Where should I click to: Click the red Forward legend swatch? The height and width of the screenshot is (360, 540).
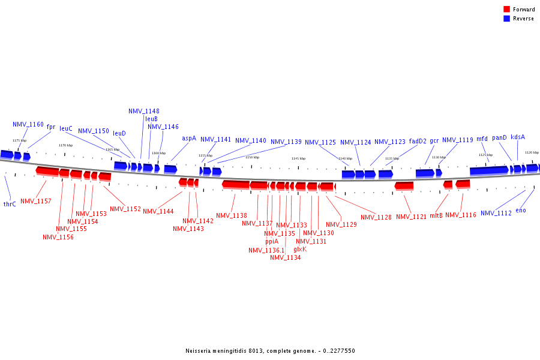pos(507,10)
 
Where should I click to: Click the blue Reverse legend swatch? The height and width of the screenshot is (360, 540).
pos(507,19)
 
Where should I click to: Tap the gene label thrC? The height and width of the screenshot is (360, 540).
pos(10,204)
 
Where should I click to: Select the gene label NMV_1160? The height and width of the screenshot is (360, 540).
pos(28,125)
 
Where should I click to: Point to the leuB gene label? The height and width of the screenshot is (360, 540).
pos(151,119)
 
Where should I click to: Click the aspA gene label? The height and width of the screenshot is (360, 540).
pos(189,138)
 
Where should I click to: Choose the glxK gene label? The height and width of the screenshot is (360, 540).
pos(300,249)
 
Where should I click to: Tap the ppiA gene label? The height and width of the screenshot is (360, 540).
pos(272,241)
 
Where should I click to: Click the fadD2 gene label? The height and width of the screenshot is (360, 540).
pos(418,142)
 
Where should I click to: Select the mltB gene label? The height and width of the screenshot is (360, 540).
pos(436,215)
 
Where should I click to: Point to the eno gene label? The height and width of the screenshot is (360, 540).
pos(521,210)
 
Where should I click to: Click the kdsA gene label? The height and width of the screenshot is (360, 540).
pos(518,137)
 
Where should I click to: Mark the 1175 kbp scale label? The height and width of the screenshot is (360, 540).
pos(20,140)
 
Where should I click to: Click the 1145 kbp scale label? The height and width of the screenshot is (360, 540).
pos(298,158)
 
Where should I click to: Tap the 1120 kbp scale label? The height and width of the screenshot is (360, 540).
pos(532,152)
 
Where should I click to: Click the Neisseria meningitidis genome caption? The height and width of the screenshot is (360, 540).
pos(270,351)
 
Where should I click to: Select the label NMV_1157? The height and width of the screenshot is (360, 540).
pos(36,201)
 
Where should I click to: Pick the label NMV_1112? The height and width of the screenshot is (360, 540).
pos(496,213)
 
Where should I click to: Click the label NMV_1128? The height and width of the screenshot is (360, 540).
pos(376,217)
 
